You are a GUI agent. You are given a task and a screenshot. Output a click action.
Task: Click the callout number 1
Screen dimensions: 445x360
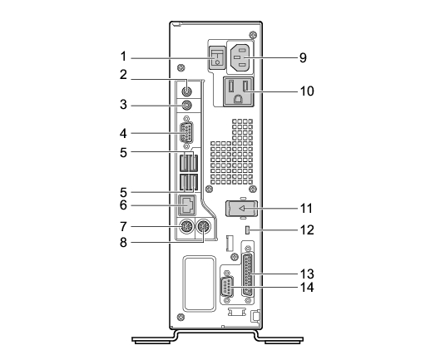pos(123,57)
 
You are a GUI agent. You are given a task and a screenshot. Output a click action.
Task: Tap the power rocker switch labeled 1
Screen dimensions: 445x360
pos(217,58)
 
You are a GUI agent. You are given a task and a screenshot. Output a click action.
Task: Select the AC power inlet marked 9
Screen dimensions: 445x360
pos(240,57)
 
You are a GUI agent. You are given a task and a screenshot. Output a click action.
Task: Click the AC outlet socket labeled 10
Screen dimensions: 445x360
pos(239,92)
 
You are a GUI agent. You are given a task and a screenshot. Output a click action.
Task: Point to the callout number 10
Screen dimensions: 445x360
pos(307,91)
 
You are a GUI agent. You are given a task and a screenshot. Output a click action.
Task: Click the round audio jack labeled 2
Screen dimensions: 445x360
pos(186,91)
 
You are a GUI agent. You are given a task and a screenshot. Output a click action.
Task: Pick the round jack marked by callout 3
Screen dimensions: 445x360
pos(186,106)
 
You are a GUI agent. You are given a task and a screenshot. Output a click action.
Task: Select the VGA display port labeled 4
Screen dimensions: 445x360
pos(186,133)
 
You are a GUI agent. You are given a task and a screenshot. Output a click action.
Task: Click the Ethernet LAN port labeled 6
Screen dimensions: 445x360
pos(187,205)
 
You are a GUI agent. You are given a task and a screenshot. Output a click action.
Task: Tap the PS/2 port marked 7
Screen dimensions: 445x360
pos(186,227)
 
